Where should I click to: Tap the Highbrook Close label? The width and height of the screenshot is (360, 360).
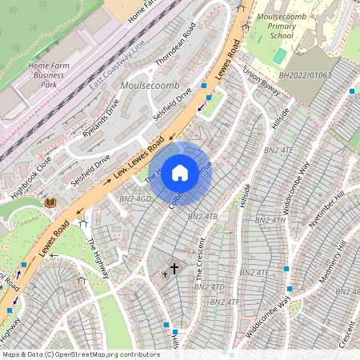31,178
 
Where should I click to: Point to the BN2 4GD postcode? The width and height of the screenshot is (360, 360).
135,198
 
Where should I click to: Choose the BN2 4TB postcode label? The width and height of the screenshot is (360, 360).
202,217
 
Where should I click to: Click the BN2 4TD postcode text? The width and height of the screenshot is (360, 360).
209,286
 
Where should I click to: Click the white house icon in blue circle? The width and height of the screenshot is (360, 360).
181,172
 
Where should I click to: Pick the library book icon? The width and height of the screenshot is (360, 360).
50,203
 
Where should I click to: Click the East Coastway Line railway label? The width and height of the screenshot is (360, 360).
118,63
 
